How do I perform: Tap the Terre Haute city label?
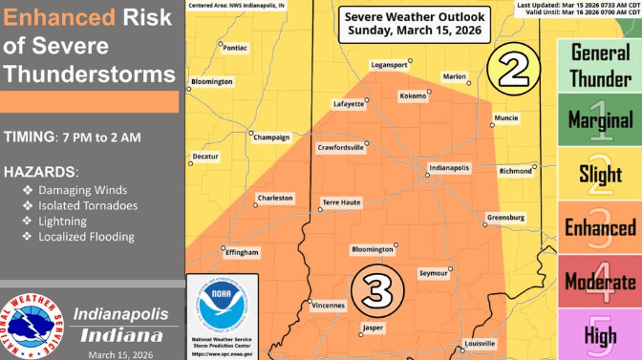tap(341, 202)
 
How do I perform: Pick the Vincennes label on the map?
tap(328, 306)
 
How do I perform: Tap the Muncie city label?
tap(506, 118)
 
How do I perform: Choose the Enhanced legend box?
tap(600, 226)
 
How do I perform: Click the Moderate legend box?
tap(600, 281)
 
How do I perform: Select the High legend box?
tap(600, 334)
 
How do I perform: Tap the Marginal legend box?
tap(600, 119)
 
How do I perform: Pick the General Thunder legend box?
tap(600, 66)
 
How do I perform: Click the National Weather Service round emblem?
tap(34, 324)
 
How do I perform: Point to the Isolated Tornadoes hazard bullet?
tap(87, 205)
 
